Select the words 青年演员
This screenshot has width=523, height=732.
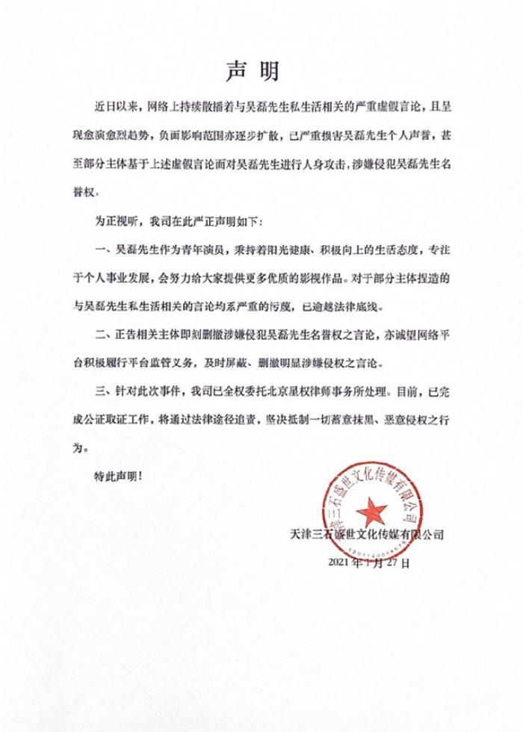tap(211, 248)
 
